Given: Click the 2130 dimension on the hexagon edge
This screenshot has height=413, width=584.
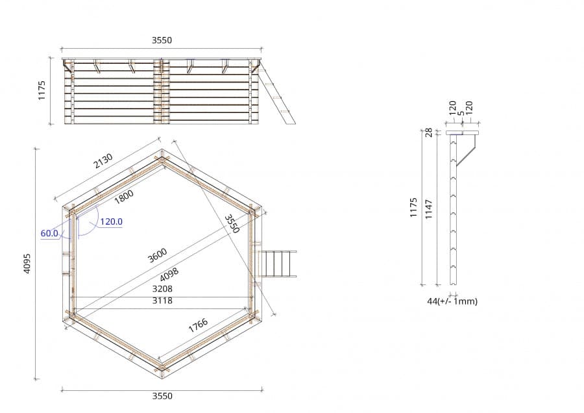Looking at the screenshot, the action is pyautogui.click(x=103, y=161).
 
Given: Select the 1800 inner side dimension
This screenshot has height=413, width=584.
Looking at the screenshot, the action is pyautogui.click(x=124, y=196).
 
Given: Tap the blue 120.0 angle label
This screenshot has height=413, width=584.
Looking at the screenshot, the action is pyautogui.click(x=111, y=221).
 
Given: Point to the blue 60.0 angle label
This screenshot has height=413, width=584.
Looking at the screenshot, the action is pyautogui.click(x=49, y=233).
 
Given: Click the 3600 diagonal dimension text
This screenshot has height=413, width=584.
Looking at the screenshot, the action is pyautogui.click(x=157, y=255).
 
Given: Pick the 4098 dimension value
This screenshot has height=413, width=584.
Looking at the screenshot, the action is pyautogui.click(x=169, y=274).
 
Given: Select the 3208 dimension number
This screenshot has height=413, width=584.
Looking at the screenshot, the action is pyautogui.click(x=162, y=289).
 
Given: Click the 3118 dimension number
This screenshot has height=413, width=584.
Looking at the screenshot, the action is pyautogui.click(x=162, y=301).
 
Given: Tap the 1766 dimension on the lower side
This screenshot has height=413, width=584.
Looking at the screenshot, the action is pyautogui.click(x=198, y=325).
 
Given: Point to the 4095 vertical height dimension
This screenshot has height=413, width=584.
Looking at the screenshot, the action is pyautogui.click(x=27, y=264).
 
